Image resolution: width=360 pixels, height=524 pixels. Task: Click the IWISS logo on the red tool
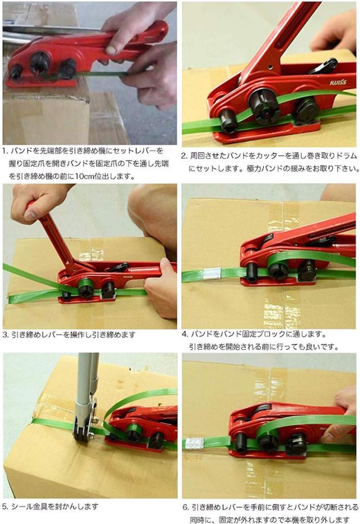pos(338,82)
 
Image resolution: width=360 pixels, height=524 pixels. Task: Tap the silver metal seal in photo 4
pos(212,273)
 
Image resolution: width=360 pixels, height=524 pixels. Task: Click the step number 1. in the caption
pos(4,151)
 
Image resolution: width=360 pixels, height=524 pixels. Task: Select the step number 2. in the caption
pos(184,156)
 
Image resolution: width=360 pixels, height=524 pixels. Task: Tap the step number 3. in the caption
pos(6,335)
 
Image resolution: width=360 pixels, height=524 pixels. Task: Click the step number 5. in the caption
pos(6,507)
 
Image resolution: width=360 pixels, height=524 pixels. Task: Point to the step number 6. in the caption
pos(186,507)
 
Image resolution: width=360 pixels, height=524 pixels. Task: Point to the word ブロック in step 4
pos(269,334)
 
